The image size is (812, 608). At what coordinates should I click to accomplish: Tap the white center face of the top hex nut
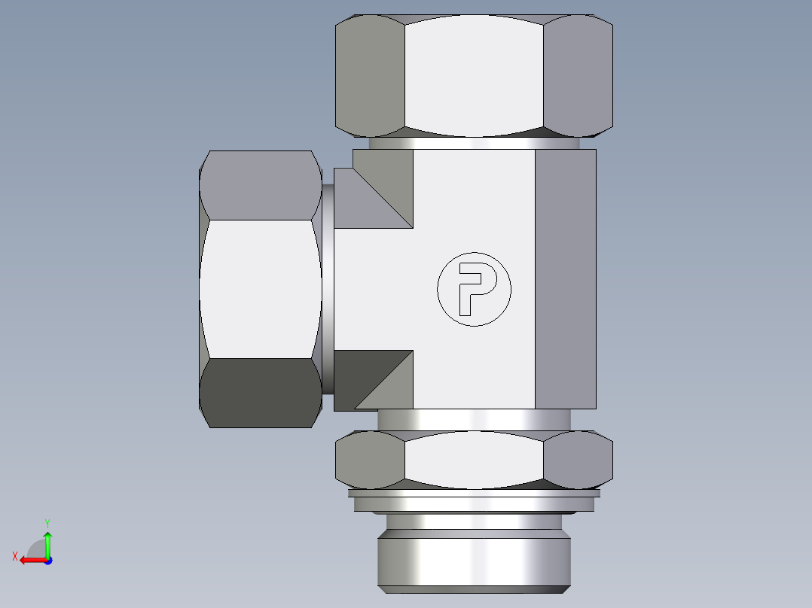[x=473, y=75]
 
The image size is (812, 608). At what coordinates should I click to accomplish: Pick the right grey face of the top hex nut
[x=576, y=75]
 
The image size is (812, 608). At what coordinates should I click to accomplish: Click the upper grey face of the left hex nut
[x=260, y=184]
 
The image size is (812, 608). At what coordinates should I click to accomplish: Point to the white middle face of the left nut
[x=260, y=289]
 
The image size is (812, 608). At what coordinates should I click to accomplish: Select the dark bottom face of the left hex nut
[x=260, y=393]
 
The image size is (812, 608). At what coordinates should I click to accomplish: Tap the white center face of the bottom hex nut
[x=473, y=459]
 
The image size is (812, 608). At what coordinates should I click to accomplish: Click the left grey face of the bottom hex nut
[x=370, y=459]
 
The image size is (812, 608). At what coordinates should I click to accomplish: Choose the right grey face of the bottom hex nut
[x=577, y=459]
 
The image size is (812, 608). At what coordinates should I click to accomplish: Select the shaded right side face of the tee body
[x=565, y=278]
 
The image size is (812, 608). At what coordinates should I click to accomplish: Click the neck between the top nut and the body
[x=474, y=143]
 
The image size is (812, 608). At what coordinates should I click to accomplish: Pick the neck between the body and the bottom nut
[x=474, y=419]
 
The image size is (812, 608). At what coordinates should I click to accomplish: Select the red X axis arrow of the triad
[x=29, y=560]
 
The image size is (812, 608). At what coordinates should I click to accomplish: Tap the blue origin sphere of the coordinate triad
[x=47, y=560]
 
